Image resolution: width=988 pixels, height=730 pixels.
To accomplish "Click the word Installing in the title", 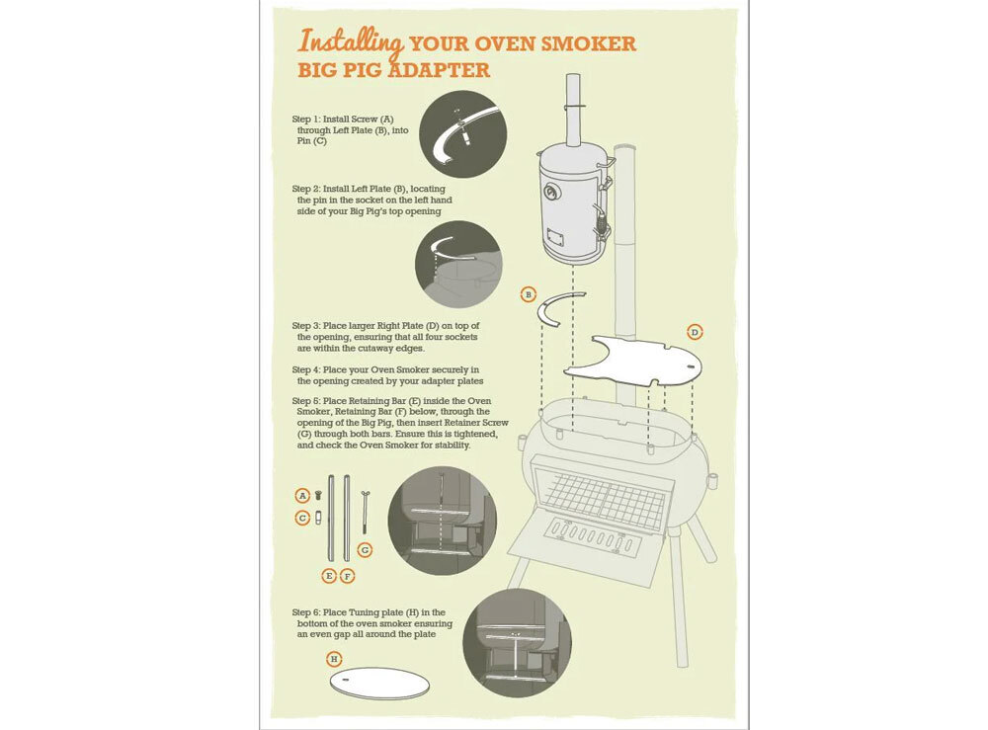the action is point(351,42).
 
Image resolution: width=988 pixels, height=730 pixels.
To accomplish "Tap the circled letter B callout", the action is point(528,294).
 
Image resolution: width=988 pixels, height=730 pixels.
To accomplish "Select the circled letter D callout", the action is point(695,332).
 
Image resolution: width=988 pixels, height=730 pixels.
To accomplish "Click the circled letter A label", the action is point(302,496).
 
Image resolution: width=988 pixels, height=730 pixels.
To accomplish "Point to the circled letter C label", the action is point(302,518).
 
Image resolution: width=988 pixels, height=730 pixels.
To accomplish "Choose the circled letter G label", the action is point(365,550).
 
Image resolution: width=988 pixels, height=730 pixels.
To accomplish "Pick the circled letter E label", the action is point(328,576).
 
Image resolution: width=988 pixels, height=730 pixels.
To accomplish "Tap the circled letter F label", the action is point(347,576).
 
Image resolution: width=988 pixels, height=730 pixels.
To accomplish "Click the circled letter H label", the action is point(334,660).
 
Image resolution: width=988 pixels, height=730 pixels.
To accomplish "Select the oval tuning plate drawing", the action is point(379,683).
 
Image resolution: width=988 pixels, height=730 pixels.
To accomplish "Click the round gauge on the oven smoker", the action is point(552,192).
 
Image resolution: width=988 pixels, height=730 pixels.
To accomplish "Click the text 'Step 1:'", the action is point(306,120).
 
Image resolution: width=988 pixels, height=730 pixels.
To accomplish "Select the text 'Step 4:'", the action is point(306,369).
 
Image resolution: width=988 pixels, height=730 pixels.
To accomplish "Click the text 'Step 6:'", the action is point(306,612).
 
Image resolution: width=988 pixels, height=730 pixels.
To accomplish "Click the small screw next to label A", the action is point(318,495).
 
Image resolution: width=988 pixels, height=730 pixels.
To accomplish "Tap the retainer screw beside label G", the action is point(365,512).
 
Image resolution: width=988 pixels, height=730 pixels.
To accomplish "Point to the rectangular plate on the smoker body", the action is point(555,238).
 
